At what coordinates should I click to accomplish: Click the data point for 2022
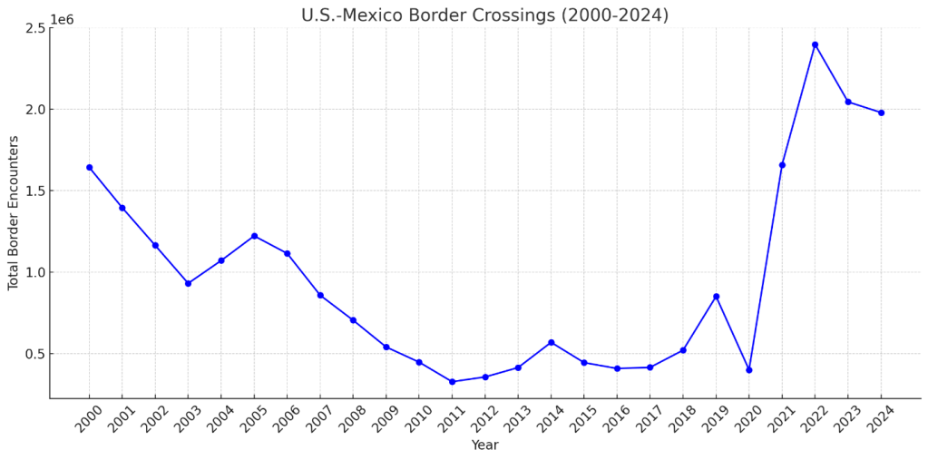click(815, 44)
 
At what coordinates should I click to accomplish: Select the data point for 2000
click(89, 167)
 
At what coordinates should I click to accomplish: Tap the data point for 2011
click(452, 382)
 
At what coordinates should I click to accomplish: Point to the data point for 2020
click(748, 369)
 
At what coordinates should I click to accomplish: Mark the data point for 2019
click(716, 297)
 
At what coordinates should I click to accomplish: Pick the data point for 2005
click(254, 236)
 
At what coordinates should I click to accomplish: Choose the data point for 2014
click(551, 342)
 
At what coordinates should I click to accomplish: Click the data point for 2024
click(881, 113)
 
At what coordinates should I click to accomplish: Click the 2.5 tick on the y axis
click(35, 28)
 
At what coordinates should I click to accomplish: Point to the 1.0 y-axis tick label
click(35, 272)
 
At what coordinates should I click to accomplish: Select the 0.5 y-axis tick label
click(35, 354)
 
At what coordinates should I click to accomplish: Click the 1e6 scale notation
click(62, 19)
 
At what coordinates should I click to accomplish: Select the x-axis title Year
click(484, 445)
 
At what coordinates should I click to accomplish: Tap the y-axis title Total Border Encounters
click(14, 212)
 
